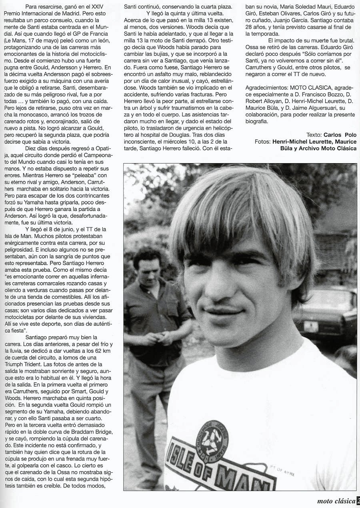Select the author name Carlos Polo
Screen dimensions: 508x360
tap(340, 135)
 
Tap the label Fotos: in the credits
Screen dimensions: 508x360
tap(262, 142)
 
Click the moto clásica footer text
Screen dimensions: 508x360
tap(335, 500)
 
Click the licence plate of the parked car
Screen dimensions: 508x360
tap(310, 326)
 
